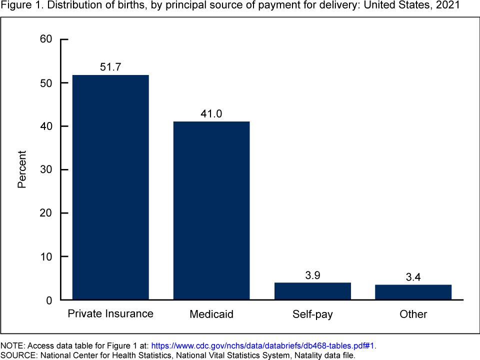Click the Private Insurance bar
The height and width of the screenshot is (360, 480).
click(110, 187)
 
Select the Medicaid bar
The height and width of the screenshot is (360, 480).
click(211, 210)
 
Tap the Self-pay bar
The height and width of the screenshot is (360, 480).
click(312, 291)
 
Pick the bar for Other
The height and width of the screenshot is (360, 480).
click(413, 292)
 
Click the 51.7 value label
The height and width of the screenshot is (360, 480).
click(110, 67)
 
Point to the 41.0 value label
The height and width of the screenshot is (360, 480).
click(211, 113)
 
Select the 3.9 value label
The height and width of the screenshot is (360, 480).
click(312, 274)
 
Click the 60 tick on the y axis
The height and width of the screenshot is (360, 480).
click(45, 39)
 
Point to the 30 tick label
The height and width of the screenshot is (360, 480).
click(45, 169)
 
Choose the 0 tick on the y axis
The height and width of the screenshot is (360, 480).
click(49, 300)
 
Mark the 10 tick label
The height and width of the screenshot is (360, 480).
click(45, 256)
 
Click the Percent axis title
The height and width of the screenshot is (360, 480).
click(22, 169)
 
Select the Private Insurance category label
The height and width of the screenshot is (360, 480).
click(110, 314)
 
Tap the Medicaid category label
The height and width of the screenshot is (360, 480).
click(211, 314)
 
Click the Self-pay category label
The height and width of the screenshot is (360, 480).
click(312, 314)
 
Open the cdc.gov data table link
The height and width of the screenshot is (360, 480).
click(263, 345)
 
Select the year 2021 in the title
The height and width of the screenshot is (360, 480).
click(448, 6)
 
